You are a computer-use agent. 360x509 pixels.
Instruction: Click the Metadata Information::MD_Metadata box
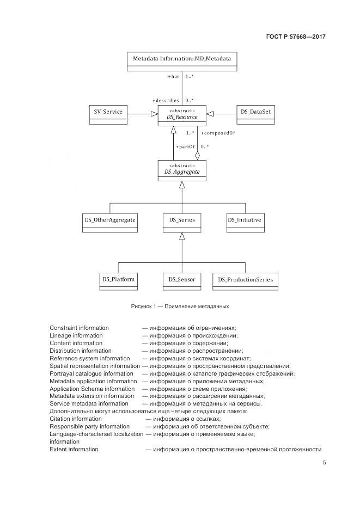(x=182, y=60)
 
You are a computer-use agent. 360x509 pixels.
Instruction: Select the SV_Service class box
(x=108, y=114)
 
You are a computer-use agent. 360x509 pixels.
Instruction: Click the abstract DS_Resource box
(x=182, y=115)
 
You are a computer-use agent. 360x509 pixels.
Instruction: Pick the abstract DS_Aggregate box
(x=182, y=170)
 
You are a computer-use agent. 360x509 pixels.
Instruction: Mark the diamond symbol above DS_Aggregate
(x=198, y=155)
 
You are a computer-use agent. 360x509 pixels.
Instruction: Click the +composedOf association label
(x=218, y=133)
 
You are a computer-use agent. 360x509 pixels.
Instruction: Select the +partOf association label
(x=185, y=147)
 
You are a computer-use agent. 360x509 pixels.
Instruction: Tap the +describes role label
(x=166, y=101)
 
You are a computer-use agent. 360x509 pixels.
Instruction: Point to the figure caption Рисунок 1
(x=180, y=306)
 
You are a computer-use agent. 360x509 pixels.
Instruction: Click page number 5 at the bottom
(x=324, y=463)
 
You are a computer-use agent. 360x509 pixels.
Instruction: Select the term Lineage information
(x=76, y=336)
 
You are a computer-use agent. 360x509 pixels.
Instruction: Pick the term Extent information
(x=74, y=449)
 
